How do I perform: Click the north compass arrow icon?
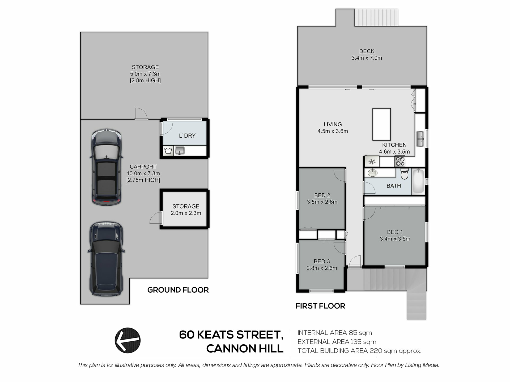pyautogui.click(x=127, y=340)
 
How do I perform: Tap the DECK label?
pyautogui.click(x=367, y=51)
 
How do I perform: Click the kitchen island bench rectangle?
pyautogui.click(x=381, y=124)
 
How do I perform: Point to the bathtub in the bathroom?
pyautogui.click(x=418, y=181)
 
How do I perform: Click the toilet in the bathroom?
pyautogui.click(x=404, y=174)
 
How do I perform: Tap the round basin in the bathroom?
pyautogui.click(x=372, y=173)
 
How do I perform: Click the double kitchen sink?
pyautogui.click(x=420, y=139)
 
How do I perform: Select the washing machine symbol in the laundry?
pyautogui.click(x=168, y=151)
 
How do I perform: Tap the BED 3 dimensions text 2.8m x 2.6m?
pyautogui.click(x=322, y=268)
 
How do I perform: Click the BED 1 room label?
pyautogui.click(x=395, y=232)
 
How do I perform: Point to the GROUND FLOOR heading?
pyautogui.click(x=178, y=290)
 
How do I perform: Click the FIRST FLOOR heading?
pyautogui.click(x=320, y=306)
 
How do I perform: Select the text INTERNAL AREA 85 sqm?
pyautogui.click(x=334, y=333)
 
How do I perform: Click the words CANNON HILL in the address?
pyautogui.click(x=245, y=349)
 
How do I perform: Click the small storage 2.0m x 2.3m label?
pyautogui.click(x=186, y=210)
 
